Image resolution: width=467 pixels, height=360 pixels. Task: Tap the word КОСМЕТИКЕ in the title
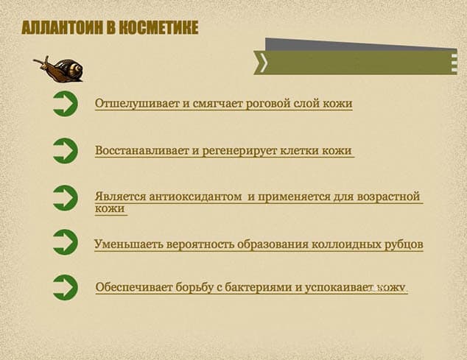(158, 28)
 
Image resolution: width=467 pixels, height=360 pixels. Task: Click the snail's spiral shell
(72, 70)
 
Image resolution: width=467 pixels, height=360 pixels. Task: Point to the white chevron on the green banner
(264, 63)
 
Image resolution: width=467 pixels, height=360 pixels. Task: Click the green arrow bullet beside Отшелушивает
(66, 104)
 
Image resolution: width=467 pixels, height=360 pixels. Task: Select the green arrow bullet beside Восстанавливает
(66, 151)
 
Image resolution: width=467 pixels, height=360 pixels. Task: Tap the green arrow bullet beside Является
(66, 198)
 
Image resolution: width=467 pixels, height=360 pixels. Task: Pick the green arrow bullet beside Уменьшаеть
(66, 242)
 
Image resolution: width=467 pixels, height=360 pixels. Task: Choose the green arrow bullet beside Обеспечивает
(66, 287)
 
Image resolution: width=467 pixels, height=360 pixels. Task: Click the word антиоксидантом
(195, 197)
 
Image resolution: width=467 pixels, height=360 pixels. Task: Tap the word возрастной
(388, 197)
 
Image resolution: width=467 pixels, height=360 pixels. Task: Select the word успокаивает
(339, 288)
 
